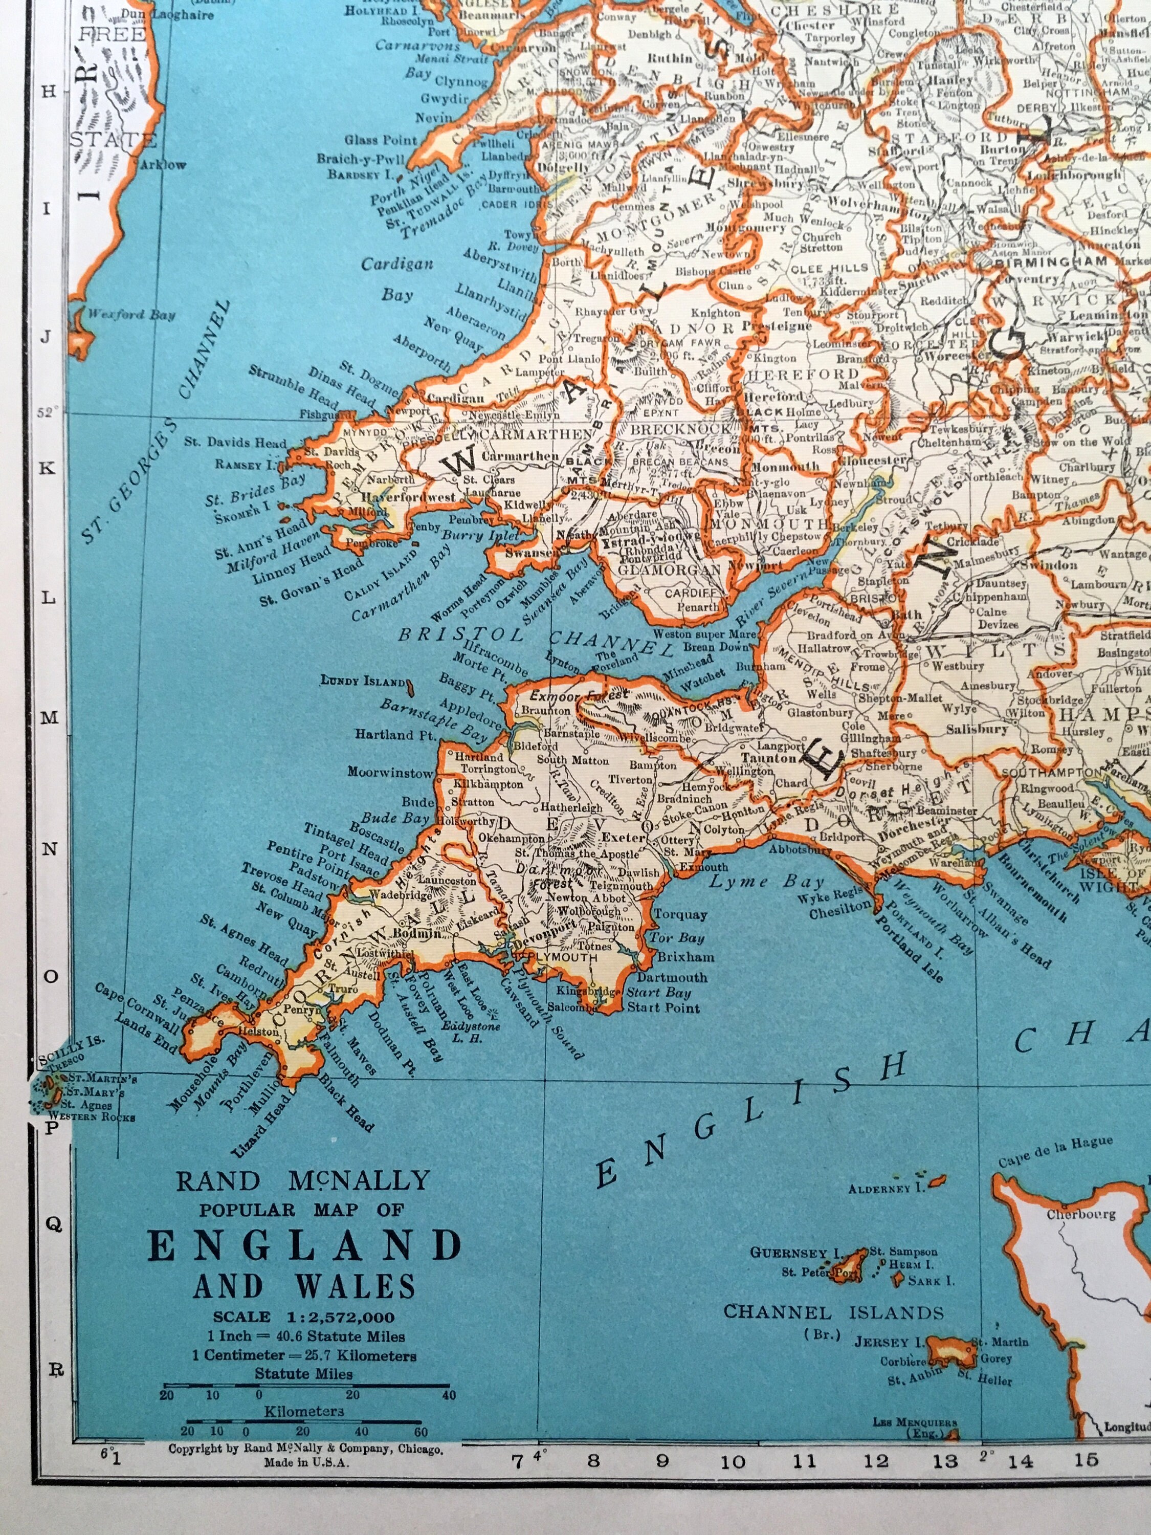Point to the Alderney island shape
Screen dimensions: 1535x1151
(x=937, y=1180)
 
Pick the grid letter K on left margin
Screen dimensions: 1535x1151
(x=47, y=468)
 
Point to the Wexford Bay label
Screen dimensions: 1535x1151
(x=131, y=314)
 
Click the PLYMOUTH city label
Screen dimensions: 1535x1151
(x=563, y=957)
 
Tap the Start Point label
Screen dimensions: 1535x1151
(x=663, y=1007)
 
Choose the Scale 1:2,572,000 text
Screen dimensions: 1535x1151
(x=304, y=1317)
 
